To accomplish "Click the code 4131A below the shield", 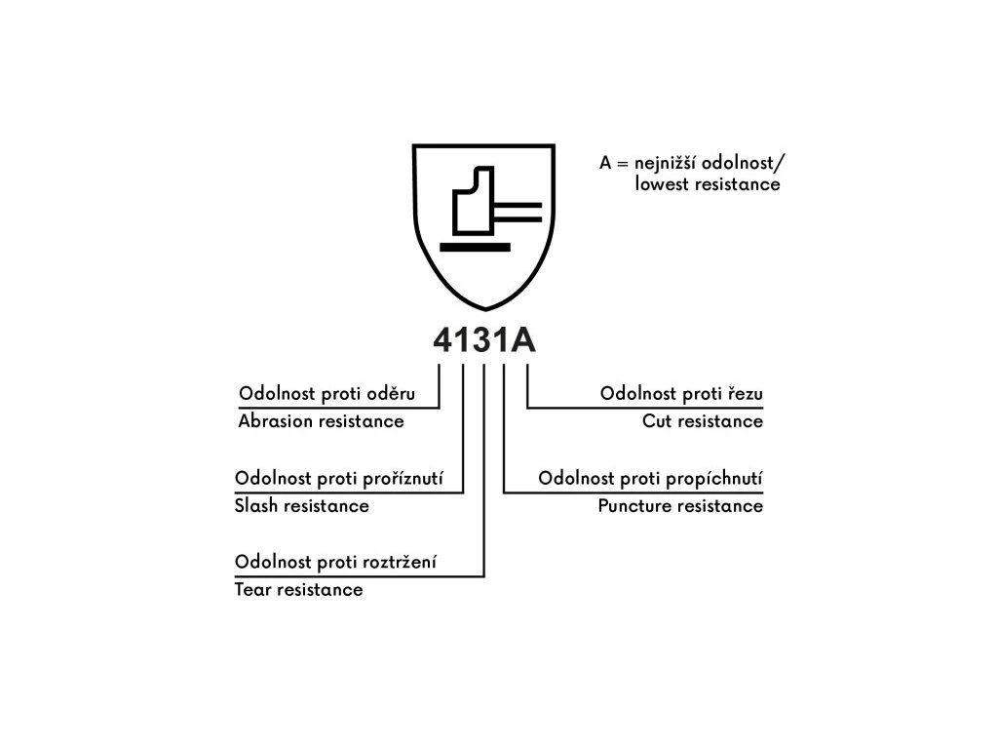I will pyautogui.click(x=484, y=340).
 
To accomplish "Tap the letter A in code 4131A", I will pyautogui.click(x=521, y=340).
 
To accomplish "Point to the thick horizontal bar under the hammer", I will pyautogui.click(x=475, y=247).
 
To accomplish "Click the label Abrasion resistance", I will pyautogui.click(x=321, y=421).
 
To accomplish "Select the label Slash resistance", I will pyautogui.click(x=302, y=506).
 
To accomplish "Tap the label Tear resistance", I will pyautogui.click(x=298, y=590).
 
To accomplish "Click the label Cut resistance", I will pyautogui.click(x=703, y=421).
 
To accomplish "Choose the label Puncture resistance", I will pyautogui.click(x=680, y=506).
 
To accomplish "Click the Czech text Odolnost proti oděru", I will pyautogui.click(x=326, y=394).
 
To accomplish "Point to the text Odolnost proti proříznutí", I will pyautogui.click(x=339, y=479).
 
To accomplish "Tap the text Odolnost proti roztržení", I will pyautogui.click(x=335, y=563).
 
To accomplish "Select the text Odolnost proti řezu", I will pyautogui.click(x=681, y=394).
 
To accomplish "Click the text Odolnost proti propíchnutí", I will pyautogui.click(x=650, y=479).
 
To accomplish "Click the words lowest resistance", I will pyautogui.click(x=708, y=183).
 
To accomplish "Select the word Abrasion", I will pyautogui.click(x=276, y=421).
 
